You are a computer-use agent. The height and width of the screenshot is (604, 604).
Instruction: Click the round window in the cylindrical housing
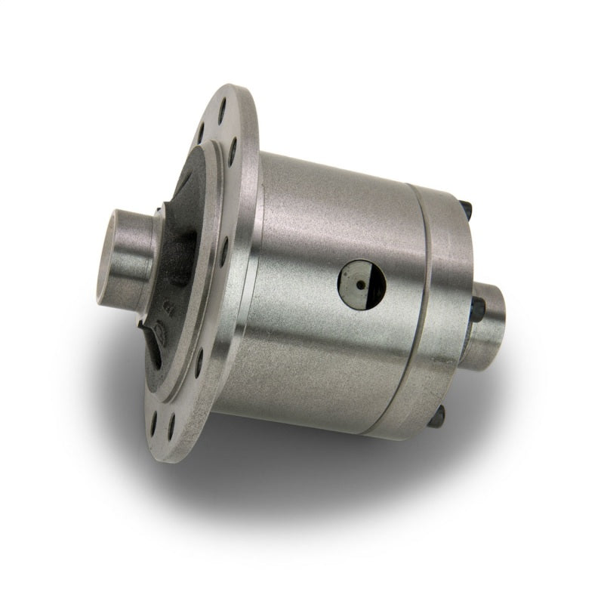click(362, 285)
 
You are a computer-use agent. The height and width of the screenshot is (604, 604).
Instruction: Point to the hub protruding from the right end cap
click(489, 321)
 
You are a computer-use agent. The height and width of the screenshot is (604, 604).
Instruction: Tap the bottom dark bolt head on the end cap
click(437, 414)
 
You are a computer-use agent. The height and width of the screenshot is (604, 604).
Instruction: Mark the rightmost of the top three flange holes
click(233, 150)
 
